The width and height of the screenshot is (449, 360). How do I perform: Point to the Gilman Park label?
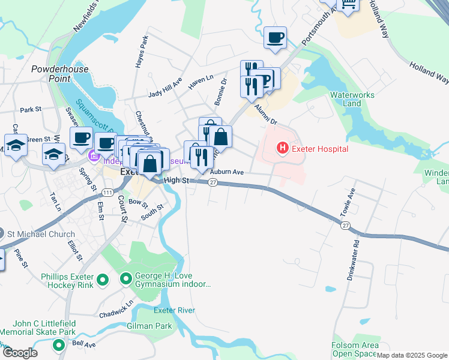[x=149, y=326]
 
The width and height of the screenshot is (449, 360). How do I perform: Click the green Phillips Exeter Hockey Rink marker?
[x=102, y=279]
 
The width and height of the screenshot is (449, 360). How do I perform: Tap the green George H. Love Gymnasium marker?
[x=126, y=279]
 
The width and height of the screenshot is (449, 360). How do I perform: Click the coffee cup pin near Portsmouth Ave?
[x=276, y=37]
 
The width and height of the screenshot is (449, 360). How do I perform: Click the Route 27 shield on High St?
[x=212, y=182]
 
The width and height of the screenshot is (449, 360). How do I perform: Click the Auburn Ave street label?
[x=226, y=172]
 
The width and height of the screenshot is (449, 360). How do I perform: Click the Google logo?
[x=20, y=352]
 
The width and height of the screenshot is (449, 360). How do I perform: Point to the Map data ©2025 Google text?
[x=411, y=355]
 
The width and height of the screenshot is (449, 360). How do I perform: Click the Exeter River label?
[x=175, y=310]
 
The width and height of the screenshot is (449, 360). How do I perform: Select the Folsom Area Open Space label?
[x=355, y=350]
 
